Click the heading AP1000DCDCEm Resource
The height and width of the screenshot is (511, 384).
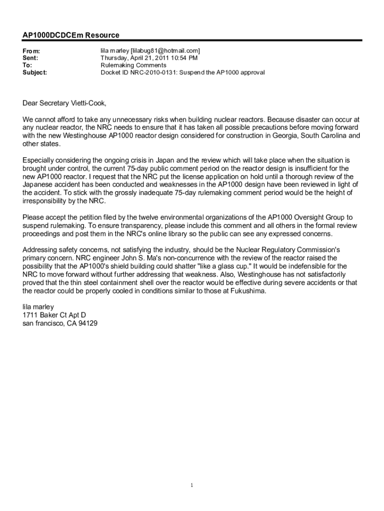71,35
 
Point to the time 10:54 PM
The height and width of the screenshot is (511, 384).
177,58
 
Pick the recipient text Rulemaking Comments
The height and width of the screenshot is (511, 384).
133,65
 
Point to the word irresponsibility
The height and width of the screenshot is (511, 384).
46,201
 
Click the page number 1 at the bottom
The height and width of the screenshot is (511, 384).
192,486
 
